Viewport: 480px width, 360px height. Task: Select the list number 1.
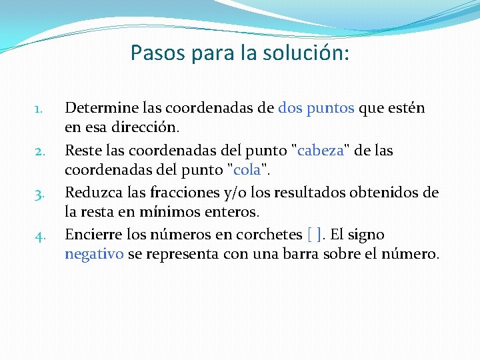click(x=39, y=109)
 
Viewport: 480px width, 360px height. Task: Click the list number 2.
click(x=39, y=151)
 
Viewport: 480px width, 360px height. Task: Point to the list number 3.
click(x=39, y=194)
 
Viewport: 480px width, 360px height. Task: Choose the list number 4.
click(x=39, y=236)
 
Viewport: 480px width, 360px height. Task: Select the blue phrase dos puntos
click(x=316, y=108)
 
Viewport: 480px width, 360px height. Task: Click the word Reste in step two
click(x=82, y=151)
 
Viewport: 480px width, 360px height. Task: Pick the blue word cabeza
click(x=321, y=151)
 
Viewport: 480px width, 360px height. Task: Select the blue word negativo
click(x=94, y=253)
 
